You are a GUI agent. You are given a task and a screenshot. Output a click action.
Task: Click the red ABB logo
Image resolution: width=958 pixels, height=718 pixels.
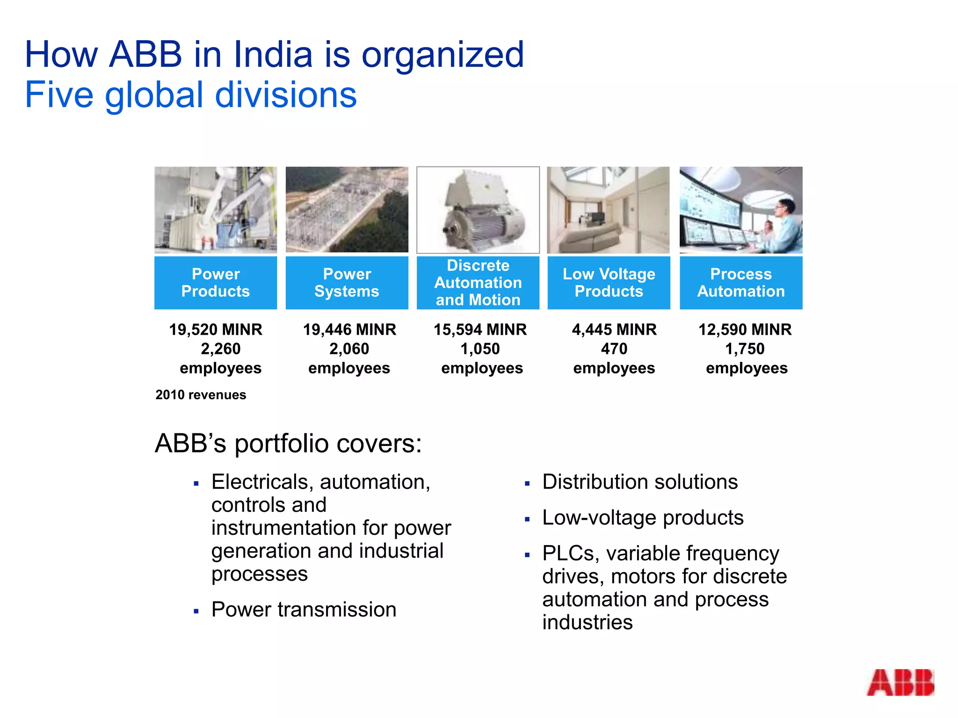coord(900,682)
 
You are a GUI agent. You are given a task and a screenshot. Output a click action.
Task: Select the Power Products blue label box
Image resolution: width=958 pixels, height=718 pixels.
coord(216,282)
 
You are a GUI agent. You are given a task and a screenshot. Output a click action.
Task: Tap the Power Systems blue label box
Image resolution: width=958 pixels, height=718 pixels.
coord(347,282)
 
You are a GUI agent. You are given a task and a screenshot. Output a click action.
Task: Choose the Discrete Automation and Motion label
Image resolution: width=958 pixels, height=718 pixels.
coord(478,282)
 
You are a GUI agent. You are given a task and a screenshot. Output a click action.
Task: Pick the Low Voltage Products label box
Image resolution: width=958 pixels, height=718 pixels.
coord(609,282)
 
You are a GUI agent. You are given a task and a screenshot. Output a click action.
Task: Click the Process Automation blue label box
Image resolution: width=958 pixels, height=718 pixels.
coord(741,282)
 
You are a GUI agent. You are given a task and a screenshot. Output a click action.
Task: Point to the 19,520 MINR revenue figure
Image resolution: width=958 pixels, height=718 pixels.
coord(216,330)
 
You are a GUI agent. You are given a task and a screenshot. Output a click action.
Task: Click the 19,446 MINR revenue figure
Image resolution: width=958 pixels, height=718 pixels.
coord(349,330)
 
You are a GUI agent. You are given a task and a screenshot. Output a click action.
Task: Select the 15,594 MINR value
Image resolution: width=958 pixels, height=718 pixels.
coord(480,330)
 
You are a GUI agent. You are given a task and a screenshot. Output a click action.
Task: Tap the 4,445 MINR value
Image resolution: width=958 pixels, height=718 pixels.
coord(614,330)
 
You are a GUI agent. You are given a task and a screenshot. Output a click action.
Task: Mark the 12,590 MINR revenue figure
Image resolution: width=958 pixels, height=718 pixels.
coord(745,330)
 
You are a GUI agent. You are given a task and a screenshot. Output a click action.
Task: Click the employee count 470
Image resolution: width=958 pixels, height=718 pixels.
coord(614,349)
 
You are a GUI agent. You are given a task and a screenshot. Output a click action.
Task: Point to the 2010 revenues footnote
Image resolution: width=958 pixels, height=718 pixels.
coord(201,395)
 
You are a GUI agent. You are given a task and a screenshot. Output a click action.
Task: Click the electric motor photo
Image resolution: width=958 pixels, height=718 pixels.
coord(478,210)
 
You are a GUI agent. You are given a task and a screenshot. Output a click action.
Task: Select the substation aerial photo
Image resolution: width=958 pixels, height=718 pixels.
coord(347,210)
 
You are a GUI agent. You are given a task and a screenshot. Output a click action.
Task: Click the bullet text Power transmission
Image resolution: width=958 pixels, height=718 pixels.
coord(304,610)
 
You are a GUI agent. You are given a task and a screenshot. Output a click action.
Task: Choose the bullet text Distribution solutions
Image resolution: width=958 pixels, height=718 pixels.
coord(640,482)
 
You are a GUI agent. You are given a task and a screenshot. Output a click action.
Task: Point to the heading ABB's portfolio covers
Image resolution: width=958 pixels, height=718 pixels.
coord(288,443)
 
